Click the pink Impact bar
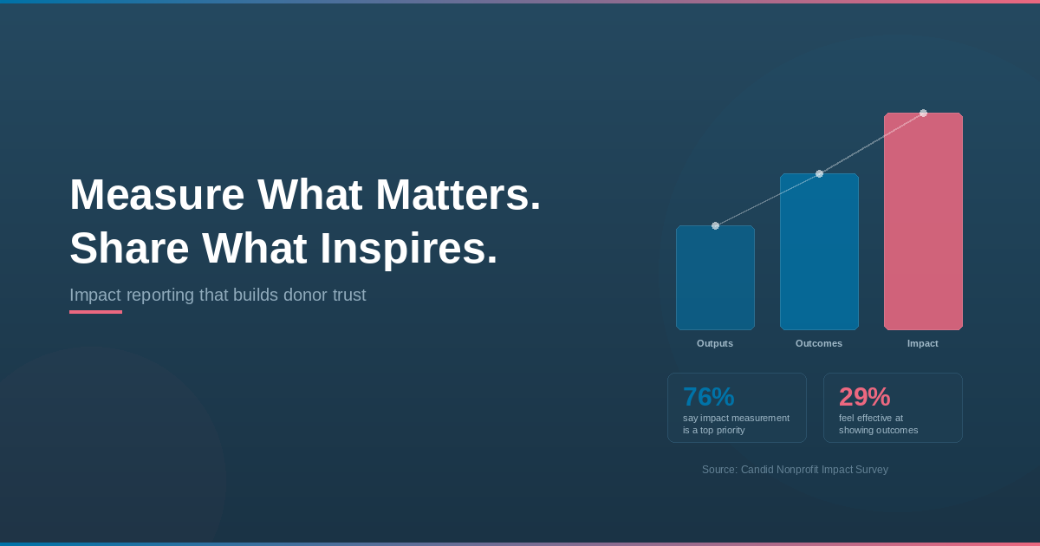[923, 222]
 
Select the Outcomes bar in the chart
[819, 251]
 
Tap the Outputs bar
[715, 277]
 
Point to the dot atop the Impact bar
[924, 113]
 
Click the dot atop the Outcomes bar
[820, 173]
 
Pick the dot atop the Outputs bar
[716, 225]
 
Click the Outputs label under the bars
[715, 343]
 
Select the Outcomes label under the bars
[819, 343]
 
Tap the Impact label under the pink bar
[923, 343]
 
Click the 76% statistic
[709, 397]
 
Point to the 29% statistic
[865, 397]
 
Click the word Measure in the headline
[157, 194]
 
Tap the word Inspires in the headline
[408, 249]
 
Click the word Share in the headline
[129, 249]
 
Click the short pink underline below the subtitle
[95, 312]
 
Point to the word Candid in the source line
[757, 470]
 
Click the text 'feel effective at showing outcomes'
[879, 424]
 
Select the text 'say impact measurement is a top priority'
[737, 424]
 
